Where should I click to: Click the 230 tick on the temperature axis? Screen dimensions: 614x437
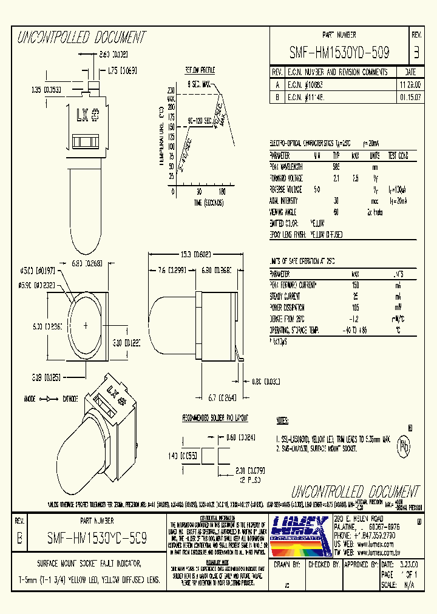[x=171, y=90]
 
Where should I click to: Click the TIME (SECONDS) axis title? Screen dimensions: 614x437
[x=200, y=201]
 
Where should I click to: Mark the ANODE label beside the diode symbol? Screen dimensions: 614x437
[x=28, y=399]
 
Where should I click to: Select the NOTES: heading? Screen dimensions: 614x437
[x=282, y=420]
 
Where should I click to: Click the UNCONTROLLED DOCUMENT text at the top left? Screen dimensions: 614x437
[x=82, y=38]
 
